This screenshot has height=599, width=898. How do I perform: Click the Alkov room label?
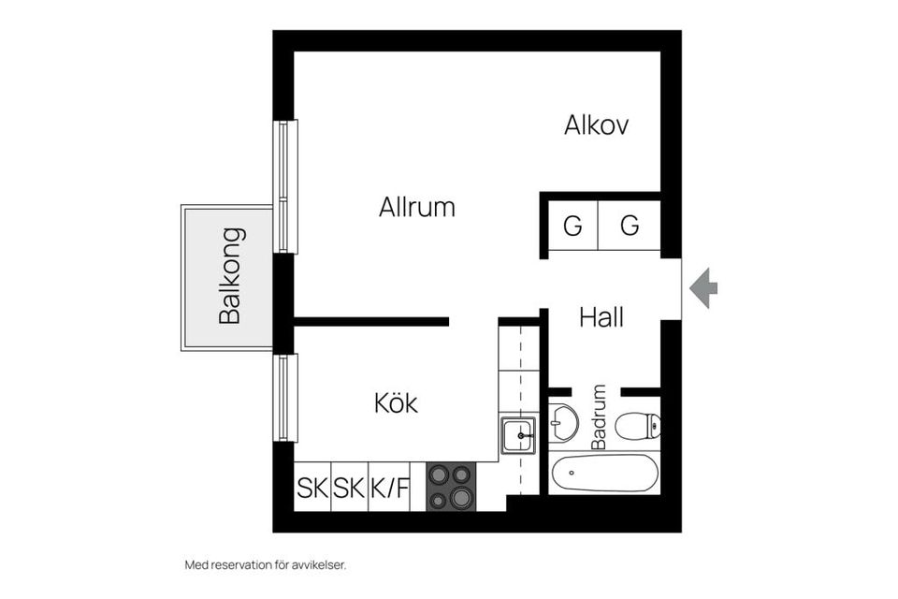[x=596, y=125]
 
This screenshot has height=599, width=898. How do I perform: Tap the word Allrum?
[x=417, y=207]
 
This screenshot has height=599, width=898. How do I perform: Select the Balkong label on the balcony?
[x=231, y=275]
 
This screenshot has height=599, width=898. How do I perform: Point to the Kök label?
[x=396, y=403]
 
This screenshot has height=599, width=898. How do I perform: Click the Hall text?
[x=601, y=317]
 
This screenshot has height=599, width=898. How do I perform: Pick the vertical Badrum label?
[x=600, y=416]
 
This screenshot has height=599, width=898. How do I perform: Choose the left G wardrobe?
[x=572, y=226]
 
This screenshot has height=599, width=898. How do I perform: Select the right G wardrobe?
[x=630, y=226]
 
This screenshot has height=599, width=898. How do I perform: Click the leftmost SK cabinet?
[x=312, y=488]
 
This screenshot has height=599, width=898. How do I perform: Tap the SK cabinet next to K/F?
[x=350, y=488]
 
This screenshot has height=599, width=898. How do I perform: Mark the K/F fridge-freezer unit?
[x=389, y=488]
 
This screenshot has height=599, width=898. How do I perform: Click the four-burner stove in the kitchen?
[x=451, y=487]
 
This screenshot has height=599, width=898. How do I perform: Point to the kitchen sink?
[x=517, y=435]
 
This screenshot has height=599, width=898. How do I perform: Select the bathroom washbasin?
[x=563, y=423]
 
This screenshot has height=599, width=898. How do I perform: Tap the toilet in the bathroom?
[x=641, y=425]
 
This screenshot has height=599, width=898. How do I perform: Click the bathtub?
[x=603, y=474]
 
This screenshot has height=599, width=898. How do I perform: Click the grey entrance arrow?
[x=703, y=288]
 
